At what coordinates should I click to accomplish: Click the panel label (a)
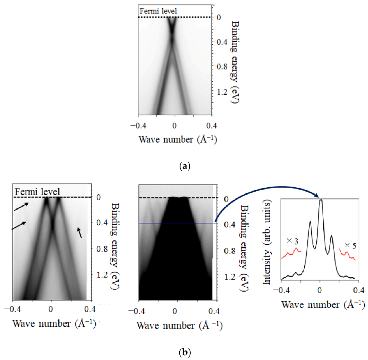(184, 166)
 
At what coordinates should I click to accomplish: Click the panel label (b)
(184, 353)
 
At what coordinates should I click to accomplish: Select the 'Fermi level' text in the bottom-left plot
(38, 192)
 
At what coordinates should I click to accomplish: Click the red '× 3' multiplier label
(292, 241)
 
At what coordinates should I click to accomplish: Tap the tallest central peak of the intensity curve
(320, 201)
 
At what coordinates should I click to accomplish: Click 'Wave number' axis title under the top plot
(175, 139)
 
